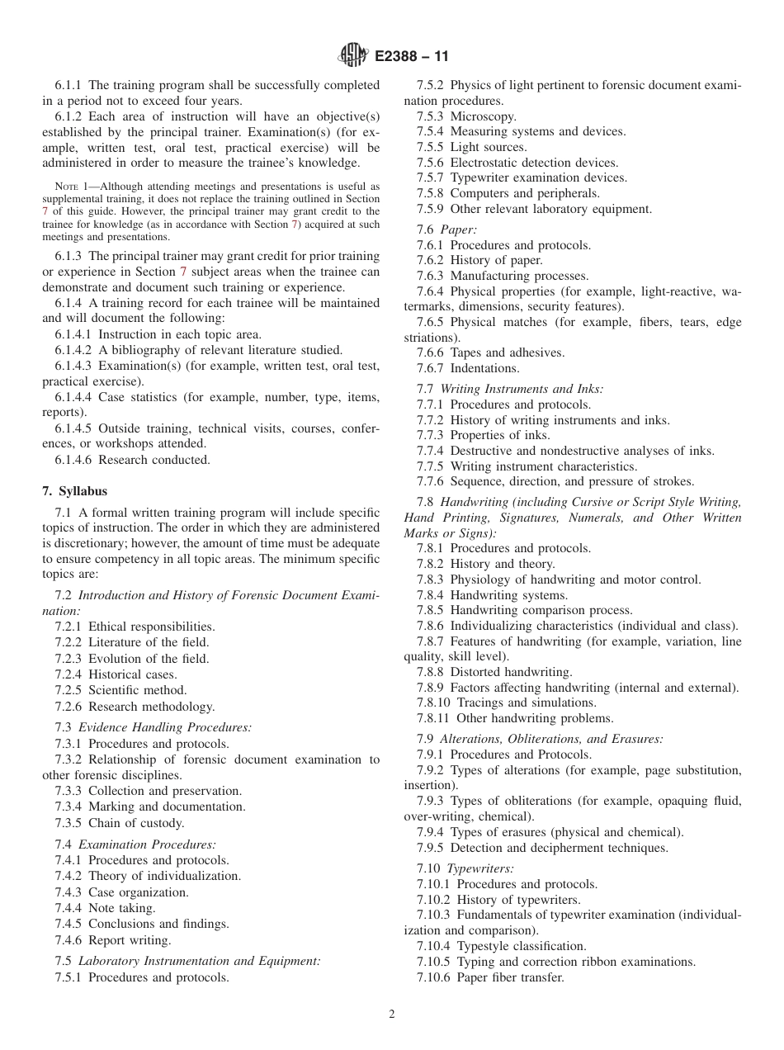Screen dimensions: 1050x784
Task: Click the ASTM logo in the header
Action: click(x=352, y=57)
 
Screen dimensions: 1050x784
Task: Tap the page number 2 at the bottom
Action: click(x=392, y=1015)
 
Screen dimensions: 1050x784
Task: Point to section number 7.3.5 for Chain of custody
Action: click(x=69, y=823)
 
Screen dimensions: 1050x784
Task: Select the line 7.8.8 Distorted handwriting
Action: click(x=494, y=672)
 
